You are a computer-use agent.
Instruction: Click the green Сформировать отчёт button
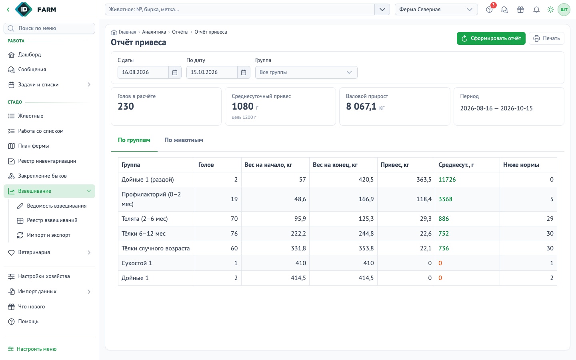tap(491, 38)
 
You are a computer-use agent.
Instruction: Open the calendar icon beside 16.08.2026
tap(175, 72)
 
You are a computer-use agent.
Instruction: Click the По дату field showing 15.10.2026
tap(212, 72)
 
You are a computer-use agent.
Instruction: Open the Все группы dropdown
tap(306, 72)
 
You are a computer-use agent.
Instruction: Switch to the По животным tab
tap(184, 140)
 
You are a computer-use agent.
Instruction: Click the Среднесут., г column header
tap(456, 165)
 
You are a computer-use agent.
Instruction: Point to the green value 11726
tap(447, 180)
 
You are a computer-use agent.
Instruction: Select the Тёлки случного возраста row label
tap(156, 248)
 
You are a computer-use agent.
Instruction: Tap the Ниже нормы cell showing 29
tap(550, 219)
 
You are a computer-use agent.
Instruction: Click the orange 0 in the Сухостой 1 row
tap(440, 263)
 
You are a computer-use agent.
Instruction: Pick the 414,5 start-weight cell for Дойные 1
tap(298, 278)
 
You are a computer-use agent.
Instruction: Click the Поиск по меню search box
tap(49, 28)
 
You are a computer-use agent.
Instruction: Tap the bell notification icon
tap(536, 10)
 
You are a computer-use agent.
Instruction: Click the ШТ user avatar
tap(564, 10)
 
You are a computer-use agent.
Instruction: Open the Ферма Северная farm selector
tap(436, 10)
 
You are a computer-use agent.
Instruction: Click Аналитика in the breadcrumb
tap(154, 32)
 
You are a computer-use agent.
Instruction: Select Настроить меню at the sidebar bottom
tap(32, 349)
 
